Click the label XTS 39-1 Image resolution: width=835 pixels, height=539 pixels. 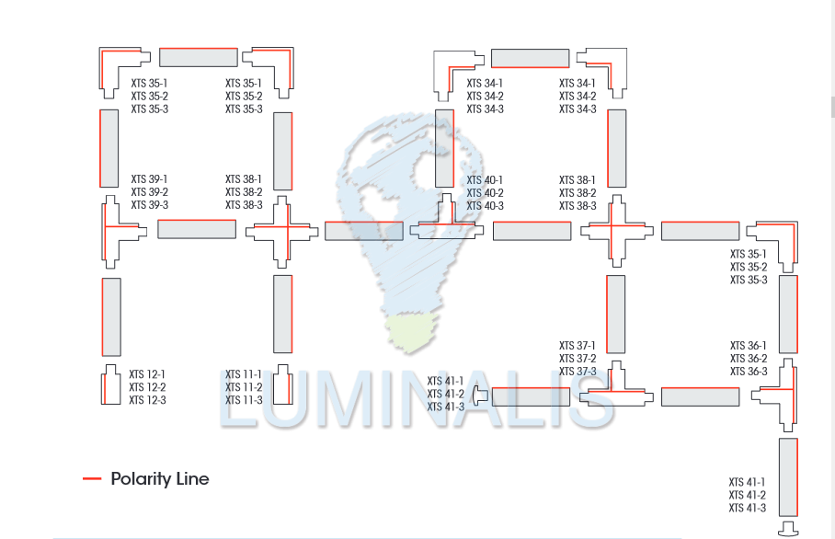click(149, 178)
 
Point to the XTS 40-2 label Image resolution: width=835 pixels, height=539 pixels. click(485, 193)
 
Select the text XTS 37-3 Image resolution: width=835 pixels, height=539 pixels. click(578, 372)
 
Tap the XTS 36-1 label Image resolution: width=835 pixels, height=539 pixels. click(749, 346)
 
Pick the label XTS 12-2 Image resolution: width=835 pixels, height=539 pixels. click(147, 387)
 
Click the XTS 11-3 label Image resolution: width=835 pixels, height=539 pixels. click(244, 400)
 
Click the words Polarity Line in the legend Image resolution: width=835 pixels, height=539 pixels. click(160, 479)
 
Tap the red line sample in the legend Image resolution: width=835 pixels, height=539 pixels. click(92, 479)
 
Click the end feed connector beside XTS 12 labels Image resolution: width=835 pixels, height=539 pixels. click(110, 385)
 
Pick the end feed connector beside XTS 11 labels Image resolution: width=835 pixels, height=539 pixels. click(283, 385)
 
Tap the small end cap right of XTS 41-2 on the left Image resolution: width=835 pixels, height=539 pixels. click(479, 396)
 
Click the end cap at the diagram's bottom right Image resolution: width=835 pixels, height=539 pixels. click(789, 528)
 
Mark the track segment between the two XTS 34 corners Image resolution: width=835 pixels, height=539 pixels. click(530, 58)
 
